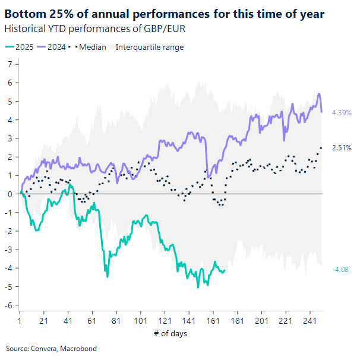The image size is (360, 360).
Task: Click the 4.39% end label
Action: click(x=342, y=112)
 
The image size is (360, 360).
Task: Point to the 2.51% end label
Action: click(x=342, y=147)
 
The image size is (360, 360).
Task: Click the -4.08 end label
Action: click(x=341, y=270)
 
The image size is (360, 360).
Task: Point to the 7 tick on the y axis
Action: click(x=10, y=64)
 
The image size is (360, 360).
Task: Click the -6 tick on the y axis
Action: click(x=8, y=305)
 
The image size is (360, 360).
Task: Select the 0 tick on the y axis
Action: click(x=10, y=194)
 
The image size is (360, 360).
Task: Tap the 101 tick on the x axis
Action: click(x=140, y=321)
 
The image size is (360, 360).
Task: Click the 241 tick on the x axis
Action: click(x=310, y=321)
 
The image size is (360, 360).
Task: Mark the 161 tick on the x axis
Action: click(x=213, y=321)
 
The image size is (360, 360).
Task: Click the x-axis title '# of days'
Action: click(x=170, y=333)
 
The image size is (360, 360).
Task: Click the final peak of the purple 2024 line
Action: click(x=320, y=94)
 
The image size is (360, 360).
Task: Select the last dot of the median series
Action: click(x=321, y=147)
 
